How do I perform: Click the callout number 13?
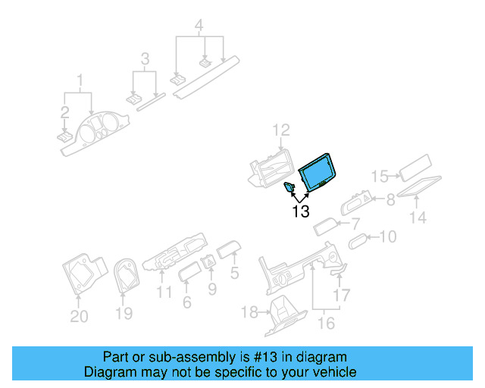(x=301, y=211)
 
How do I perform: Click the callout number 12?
(x=281, y=130)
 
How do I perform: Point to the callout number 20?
(x=79, y=316)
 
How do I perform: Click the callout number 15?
(x=380, y=177)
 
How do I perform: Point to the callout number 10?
(x=386, y=237)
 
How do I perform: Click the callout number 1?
(x=79, y=80)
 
